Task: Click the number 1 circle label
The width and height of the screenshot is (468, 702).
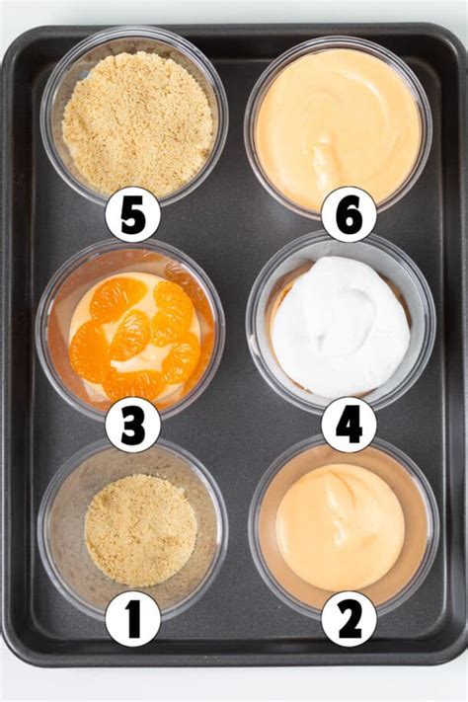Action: [x=132, y=618]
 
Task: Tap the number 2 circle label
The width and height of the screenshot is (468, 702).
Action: [x=349, y=618]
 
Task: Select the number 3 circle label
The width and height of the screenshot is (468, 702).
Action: [x=132, y=425]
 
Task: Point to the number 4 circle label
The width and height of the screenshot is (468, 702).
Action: [x=349, y=425]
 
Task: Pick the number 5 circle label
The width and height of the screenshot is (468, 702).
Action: [x=132, y=214]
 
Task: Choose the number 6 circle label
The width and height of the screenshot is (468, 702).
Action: [x=349, y=214]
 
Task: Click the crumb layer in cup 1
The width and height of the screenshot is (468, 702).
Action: [x=140, y=529]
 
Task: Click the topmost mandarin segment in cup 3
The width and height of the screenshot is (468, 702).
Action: [x=117, y=297]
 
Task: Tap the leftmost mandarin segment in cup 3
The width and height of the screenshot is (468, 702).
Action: [x=90, y=351]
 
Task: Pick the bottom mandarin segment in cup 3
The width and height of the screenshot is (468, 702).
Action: [x=133, y=383]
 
